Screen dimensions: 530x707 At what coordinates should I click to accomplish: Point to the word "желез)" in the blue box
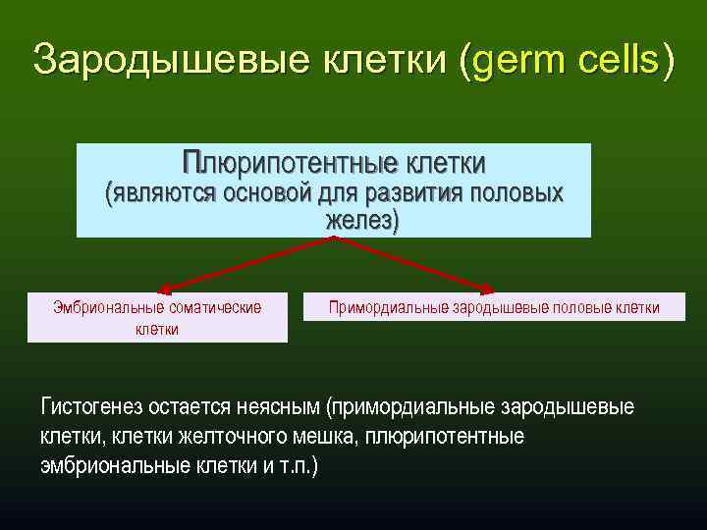362,221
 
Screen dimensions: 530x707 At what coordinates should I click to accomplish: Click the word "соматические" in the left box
214,308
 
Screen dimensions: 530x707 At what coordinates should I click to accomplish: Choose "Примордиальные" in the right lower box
388,308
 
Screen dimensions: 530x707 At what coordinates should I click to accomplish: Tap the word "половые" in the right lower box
581,308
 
